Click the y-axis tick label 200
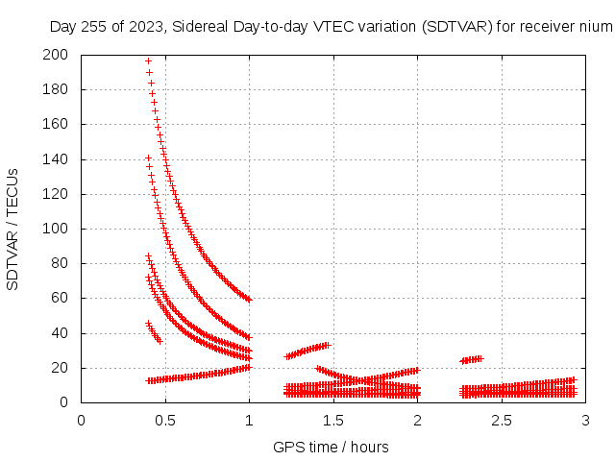tap(55, 55)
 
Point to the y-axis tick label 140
tap(55, 159)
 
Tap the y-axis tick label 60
tap(60, 298)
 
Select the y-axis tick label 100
tap(55, 229)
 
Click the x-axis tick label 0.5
tap(165, 421)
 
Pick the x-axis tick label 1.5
tap(333, 421)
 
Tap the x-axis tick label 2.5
tap(502, 421)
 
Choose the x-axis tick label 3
tap(585, 421)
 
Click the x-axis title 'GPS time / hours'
tap(331, 448)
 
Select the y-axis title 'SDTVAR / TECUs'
tap(12, 230)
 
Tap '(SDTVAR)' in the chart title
tap(457, 27)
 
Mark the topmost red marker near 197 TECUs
tap(148, 61)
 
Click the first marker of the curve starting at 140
tap(148, 158)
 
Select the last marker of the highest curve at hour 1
tap(249, 300)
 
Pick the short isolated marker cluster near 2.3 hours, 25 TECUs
tap(472, 359)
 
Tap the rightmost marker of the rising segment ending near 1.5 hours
tap(328, 346)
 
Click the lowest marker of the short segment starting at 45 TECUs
tap(160, 341)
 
